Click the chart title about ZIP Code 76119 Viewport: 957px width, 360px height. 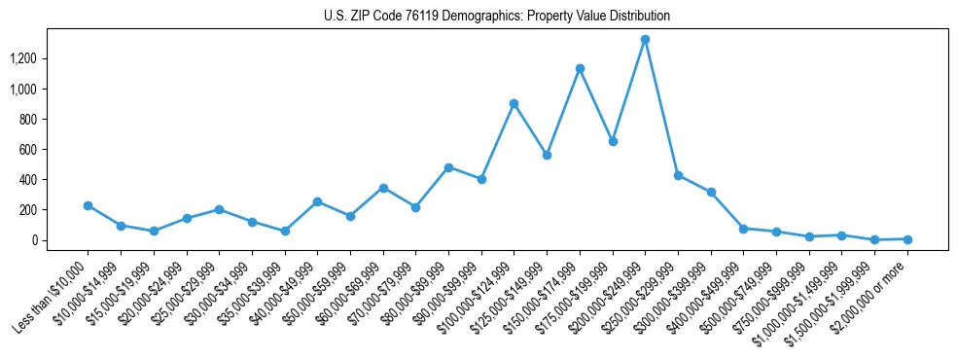(497, 17)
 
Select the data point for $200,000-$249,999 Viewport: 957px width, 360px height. (645, 40)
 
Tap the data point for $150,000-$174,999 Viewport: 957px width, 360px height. (580, 69)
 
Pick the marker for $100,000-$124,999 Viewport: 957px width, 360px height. (514, 103)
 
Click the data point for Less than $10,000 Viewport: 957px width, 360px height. (88, 205)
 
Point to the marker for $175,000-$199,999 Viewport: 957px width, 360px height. (613, 141)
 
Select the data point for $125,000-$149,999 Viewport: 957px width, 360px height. (547, 155)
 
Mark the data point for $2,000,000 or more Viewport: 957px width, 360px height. (907, 239)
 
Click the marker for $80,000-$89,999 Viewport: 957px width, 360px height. (448, 167)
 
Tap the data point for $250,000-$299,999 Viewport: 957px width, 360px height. (678, 176)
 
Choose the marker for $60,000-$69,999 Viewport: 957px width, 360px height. (383, 188)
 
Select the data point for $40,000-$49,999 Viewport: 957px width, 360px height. (317, 201)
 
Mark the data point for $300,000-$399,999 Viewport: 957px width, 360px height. (711, 193)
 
